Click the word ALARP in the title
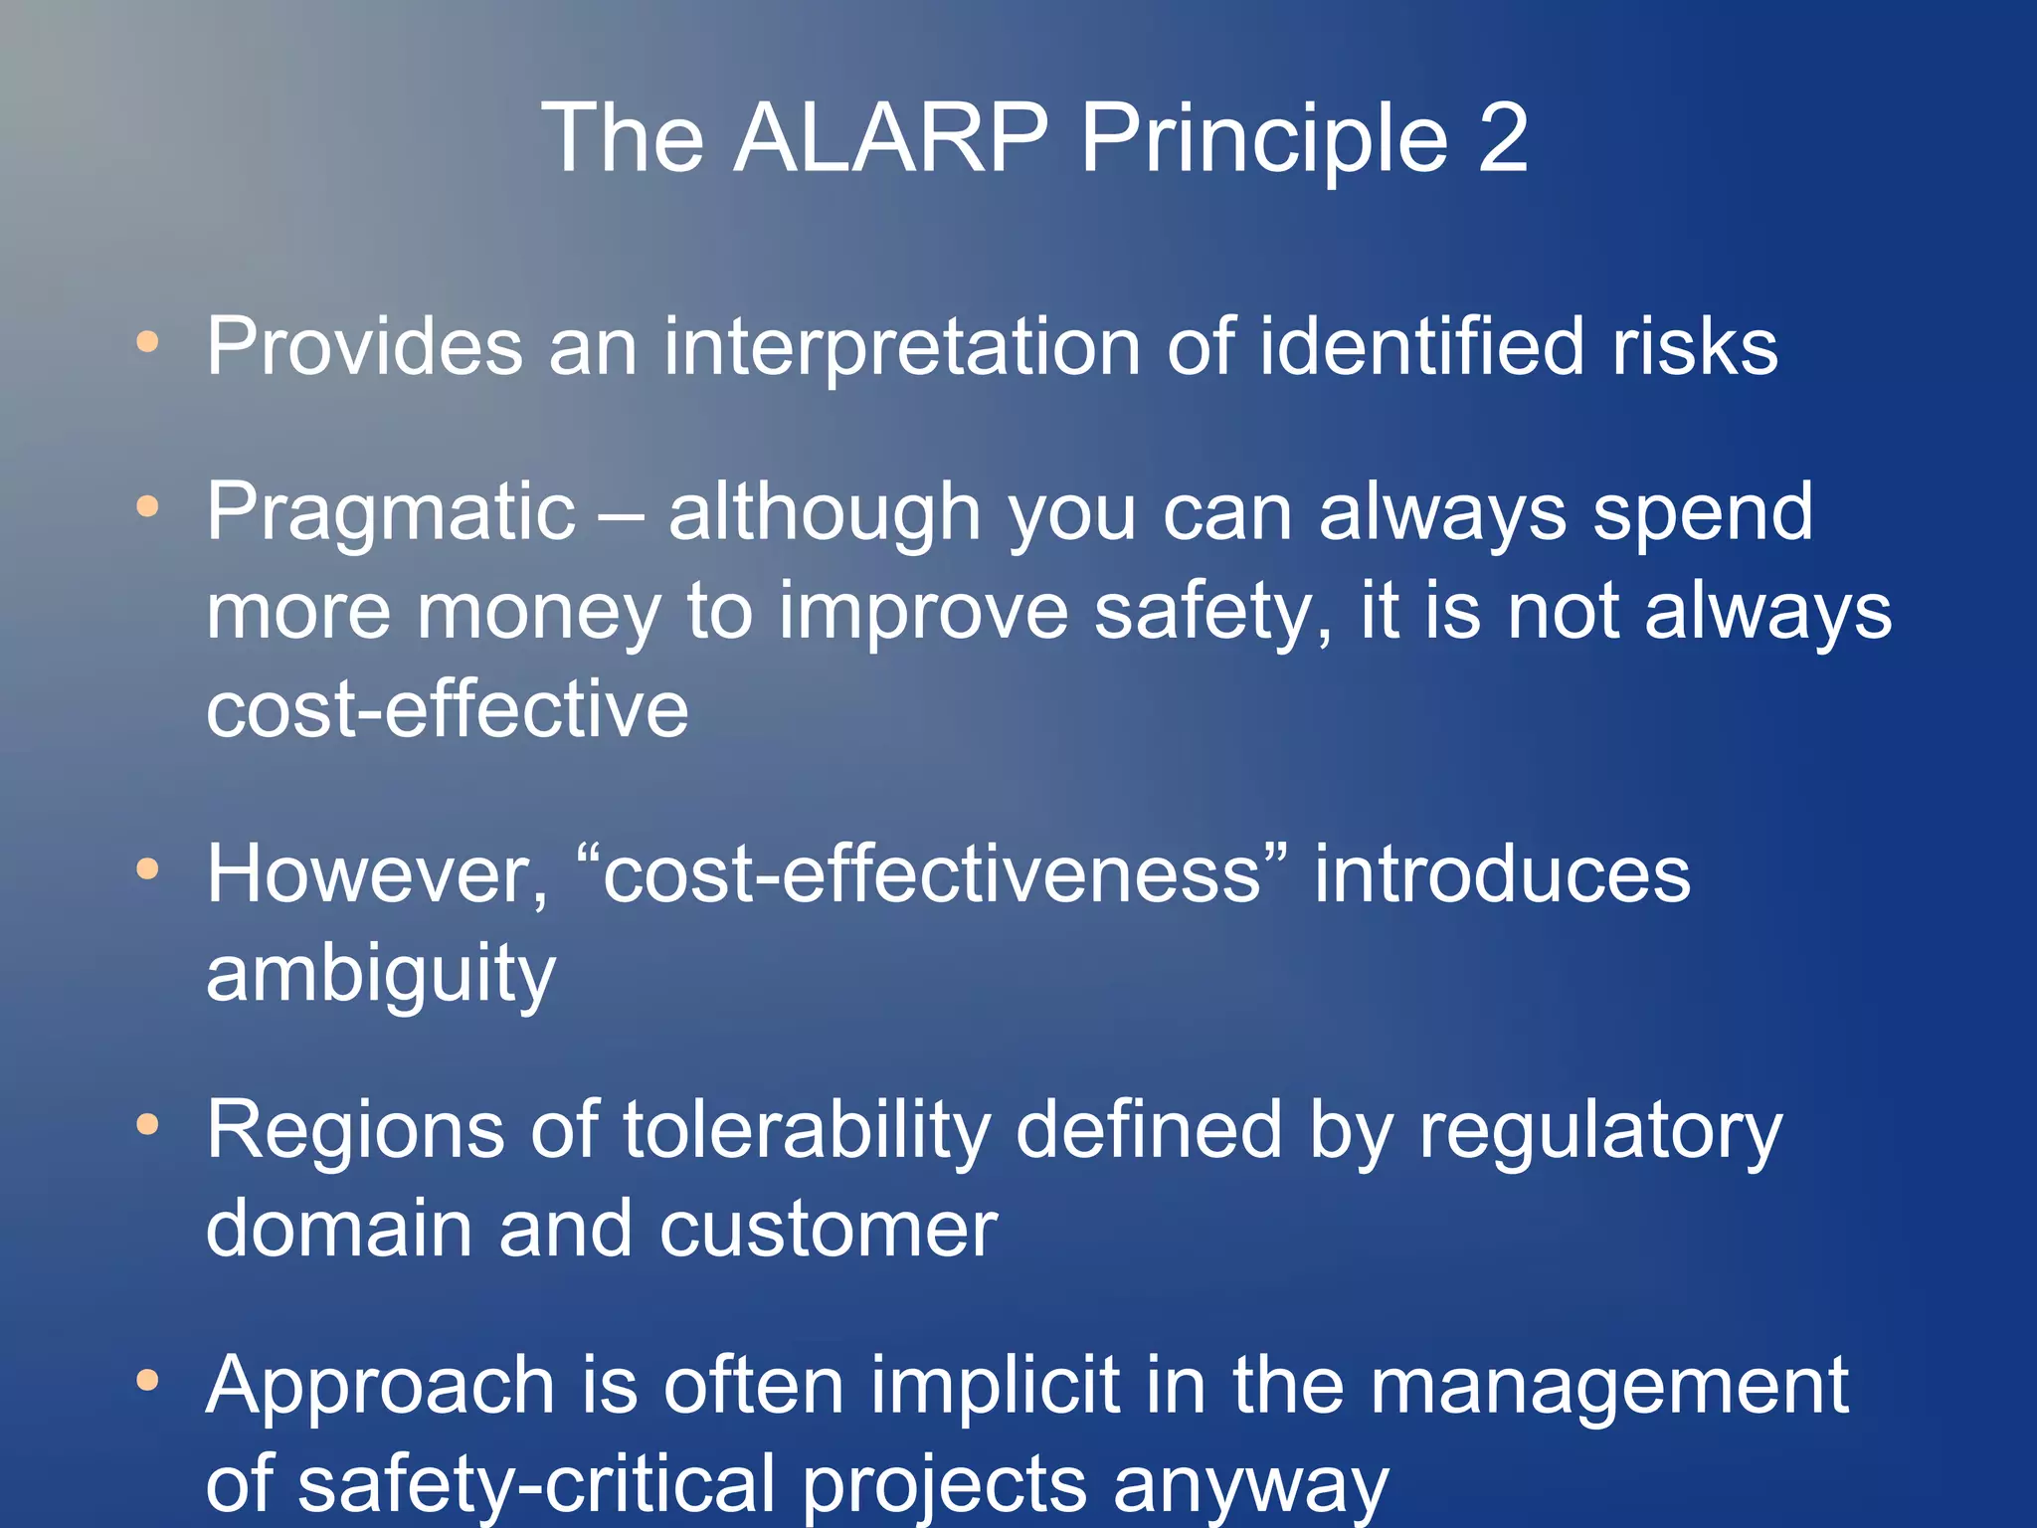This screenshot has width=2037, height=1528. coord(890,138)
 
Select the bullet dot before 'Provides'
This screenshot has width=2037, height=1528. coord(147,342)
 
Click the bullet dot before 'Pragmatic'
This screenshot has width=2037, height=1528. coord(147,507)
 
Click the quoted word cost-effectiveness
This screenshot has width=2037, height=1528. coord(932,873)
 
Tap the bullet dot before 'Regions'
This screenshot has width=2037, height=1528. coord(147,1125)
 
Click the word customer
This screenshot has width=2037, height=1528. coord(828,1230)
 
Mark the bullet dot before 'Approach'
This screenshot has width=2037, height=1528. coord(147,1381)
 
